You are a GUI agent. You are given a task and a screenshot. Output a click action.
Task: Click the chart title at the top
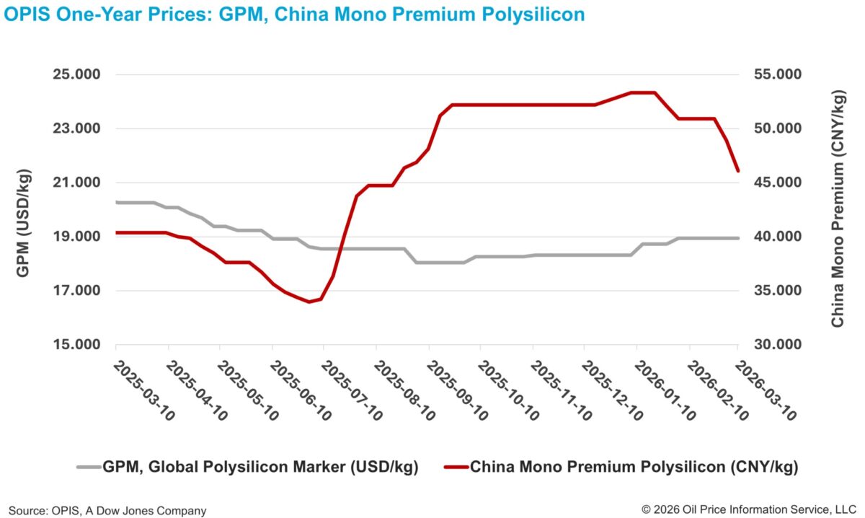tap(294, 14)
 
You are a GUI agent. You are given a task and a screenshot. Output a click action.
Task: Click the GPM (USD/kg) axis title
tap(23, 209)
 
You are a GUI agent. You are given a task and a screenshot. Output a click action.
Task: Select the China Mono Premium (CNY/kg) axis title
tap(838, 209)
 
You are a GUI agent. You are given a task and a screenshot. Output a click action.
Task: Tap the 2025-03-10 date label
tap(144, 390)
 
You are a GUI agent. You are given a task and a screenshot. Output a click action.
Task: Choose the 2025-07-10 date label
tap(352, 390)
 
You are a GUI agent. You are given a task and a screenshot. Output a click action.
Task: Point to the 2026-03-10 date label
tap(766, 390)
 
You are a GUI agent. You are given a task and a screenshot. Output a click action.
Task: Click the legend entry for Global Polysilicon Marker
tap(260, 467)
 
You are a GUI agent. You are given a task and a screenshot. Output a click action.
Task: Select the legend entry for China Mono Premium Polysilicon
tap(634, 467)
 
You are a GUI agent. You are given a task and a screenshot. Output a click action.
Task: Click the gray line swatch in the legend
tap(89, 467)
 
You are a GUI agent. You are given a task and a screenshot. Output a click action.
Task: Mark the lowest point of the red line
tap(309, 302)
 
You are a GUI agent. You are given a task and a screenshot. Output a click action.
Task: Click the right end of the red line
tap(737, 171)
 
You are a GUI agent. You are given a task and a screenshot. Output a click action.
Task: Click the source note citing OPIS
tap(107, 510)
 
